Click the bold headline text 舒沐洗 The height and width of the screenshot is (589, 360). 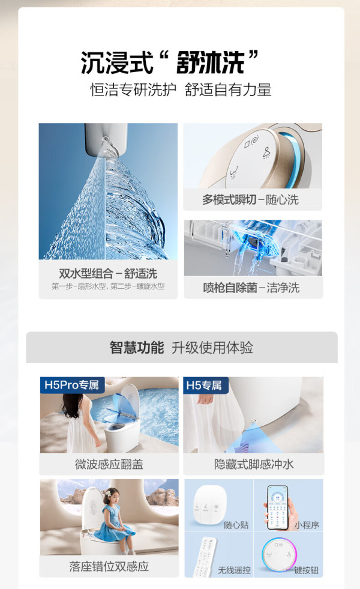click(x=211, y=62)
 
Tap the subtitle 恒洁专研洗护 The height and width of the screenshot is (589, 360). click(x=133, y=90)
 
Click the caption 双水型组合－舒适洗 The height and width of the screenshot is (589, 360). click(x=108, y=273)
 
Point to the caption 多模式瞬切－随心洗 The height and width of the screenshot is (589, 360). click(x=250, y=199)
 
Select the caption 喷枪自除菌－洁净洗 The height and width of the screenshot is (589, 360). click(x=251, y=288)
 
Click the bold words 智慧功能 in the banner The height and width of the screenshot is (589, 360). click(x=137, y=348)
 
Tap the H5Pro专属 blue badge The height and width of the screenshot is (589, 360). click(x=71, y=385)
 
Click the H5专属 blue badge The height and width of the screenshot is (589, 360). click(x=204, y=385)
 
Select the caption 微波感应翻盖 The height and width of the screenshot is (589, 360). click(x=109, y=464)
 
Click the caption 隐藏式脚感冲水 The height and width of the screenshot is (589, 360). click(x=254, y=464)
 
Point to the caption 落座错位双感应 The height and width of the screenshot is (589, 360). click(x=109, y=566)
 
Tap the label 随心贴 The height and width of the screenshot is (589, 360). click(x=236, y=525)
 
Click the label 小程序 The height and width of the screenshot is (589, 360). click(x=307, y=525)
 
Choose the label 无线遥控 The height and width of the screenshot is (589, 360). click(x=234, y=570)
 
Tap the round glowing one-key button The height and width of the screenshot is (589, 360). click(x=280, y=555)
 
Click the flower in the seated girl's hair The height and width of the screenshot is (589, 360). click(x=109, y=493)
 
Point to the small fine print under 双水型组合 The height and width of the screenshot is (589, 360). click(x=108, y=286)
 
